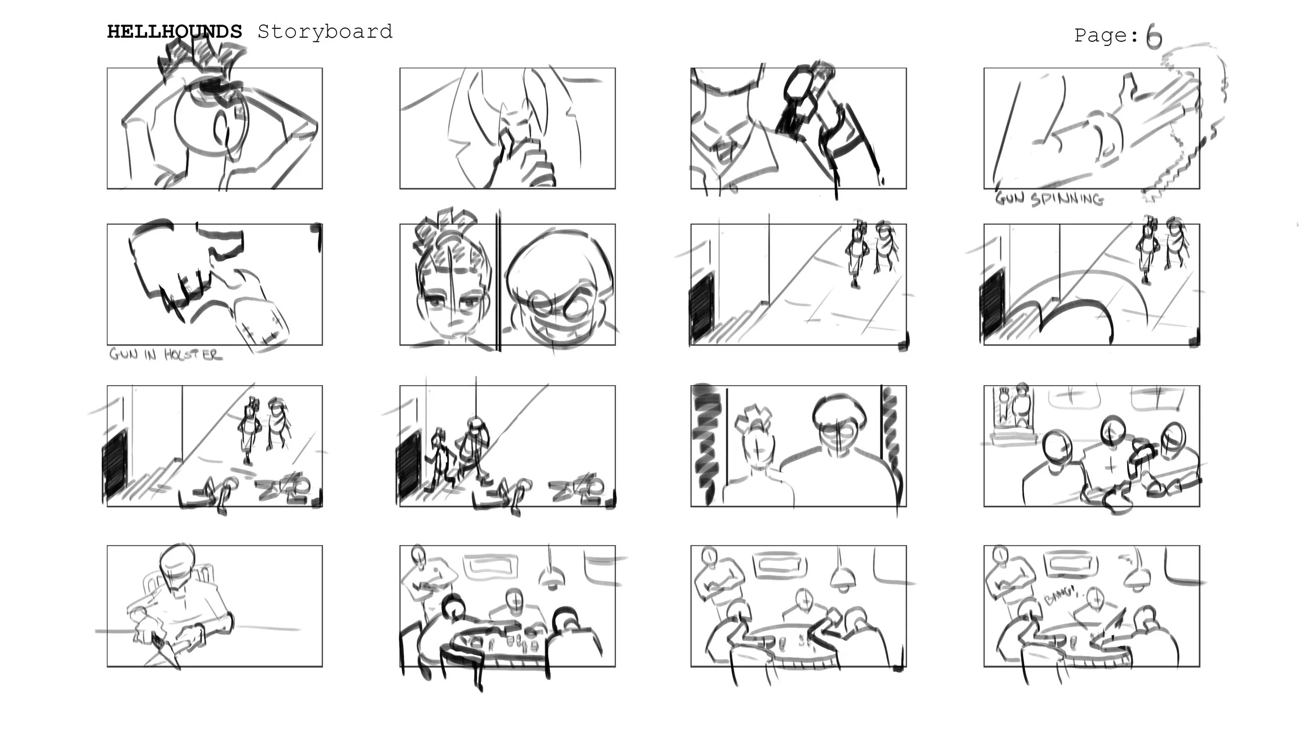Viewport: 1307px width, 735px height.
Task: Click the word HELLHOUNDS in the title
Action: pos(175,32)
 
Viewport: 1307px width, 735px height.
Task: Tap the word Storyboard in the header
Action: pos(325,32)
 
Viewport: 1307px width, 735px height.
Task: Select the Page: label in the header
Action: pos(1106,36)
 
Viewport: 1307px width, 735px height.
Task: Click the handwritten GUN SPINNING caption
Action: pos(1049,199)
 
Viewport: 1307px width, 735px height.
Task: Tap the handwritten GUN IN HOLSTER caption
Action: pos(165,354)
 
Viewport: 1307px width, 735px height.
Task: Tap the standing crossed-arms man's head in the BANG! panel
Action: pos(999,555)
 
